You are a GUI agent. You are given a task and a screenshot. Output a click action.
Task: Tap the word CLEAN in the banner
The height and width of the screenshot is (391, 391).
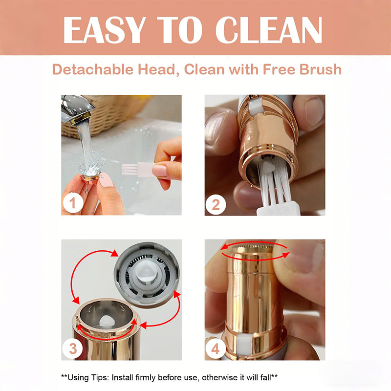(269, 30)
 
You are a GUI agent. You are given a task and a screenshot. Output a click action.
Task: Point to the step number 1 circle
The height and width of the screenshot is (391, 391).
(73, 203)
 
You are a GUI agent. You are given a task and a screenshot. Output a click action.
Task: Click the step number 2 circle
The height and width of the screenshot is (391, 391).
(216, 205)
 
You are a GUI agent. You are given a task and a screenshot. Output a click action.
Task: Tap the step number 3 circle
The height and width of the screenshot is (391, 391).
(72, 348)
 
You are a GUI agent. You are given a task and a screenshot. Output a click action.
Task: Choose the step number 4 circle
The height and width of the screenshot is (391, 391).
(216, 348)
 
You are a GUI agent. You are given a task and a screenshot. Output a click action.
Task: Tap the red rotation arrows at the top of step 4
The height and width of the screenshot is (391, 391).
(255, 251)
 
